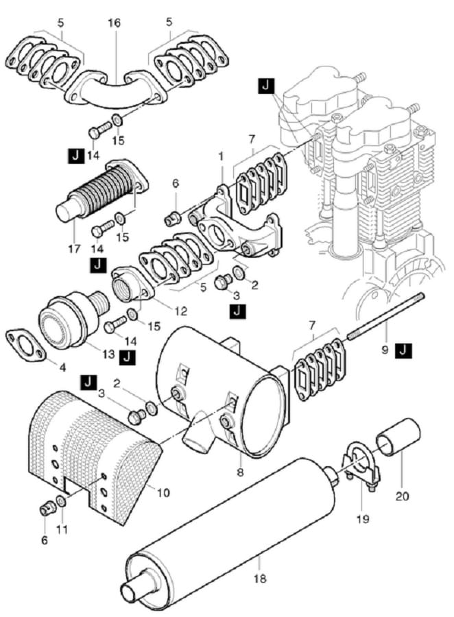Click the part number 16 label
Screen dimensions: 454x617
click(x=114, y=23)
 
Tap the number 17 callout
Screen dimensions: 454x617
click(x=75, y=248)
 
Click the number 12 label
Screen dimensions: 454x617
click(x=181, y=311)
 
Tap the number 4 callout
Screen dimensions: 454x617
click(x=62, y=367)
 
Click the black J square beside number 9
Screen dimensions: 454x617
click(x=404, y=350)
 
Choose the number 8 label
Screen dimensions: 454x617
click(x=240, y=472)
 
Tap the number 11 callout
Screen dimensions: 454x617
click(x=62, y=529)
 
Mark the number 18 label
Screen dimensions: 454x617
click(x=261, y=579)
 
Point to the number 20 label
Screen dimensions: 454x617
click(x=402, y=496)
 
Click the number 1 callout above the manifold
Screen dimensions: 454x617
click(x=221, y=156)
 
